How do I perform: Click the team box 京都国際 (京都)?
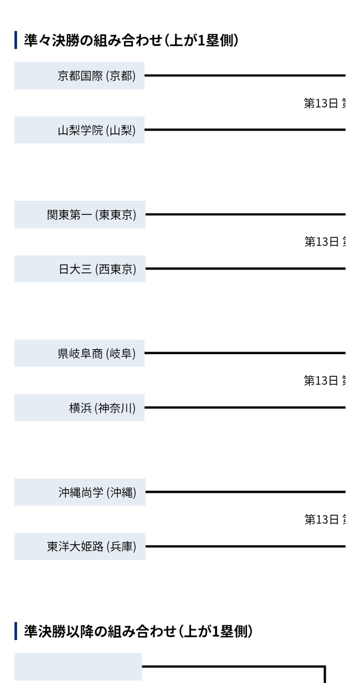79,76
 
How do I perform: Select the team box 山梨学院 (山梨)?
79,130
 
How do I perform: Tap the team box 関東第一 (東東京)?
80,215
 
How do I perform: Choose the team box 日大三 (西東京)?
80,269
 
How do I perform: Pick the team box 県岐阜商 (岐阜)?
79,353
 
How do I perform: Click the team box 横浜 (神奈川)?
79,408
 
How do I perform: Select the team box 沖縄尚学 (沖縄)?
80,492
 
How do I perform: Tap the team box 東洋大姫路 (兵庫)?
80,547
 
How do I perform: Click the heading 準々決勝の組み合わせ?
131,40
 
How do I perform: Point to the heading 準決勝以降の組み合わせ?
138,632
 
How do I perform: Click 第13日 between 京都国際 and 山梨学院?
321,104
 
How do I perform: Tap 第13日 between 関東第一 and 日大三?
321,242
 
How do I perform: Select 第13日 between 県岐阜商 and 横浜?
321,381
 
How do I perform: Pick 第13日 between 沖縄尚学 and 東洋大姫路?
321,520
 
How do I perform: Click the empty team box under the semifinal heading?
78,667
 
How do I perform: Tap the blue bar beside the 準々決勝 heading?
16,40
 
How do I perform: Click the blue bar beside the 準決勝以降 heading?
16,631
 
